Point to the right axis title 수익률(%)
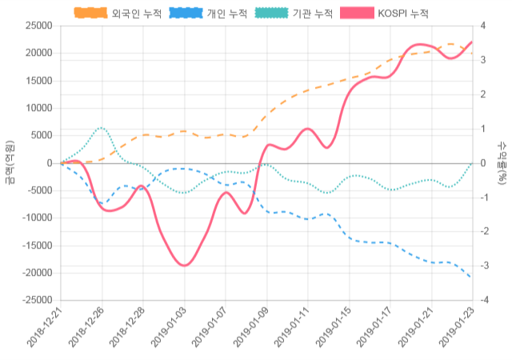502,162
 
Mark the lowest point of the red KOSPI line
184,265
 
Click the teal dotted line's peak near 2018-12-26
102,127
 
